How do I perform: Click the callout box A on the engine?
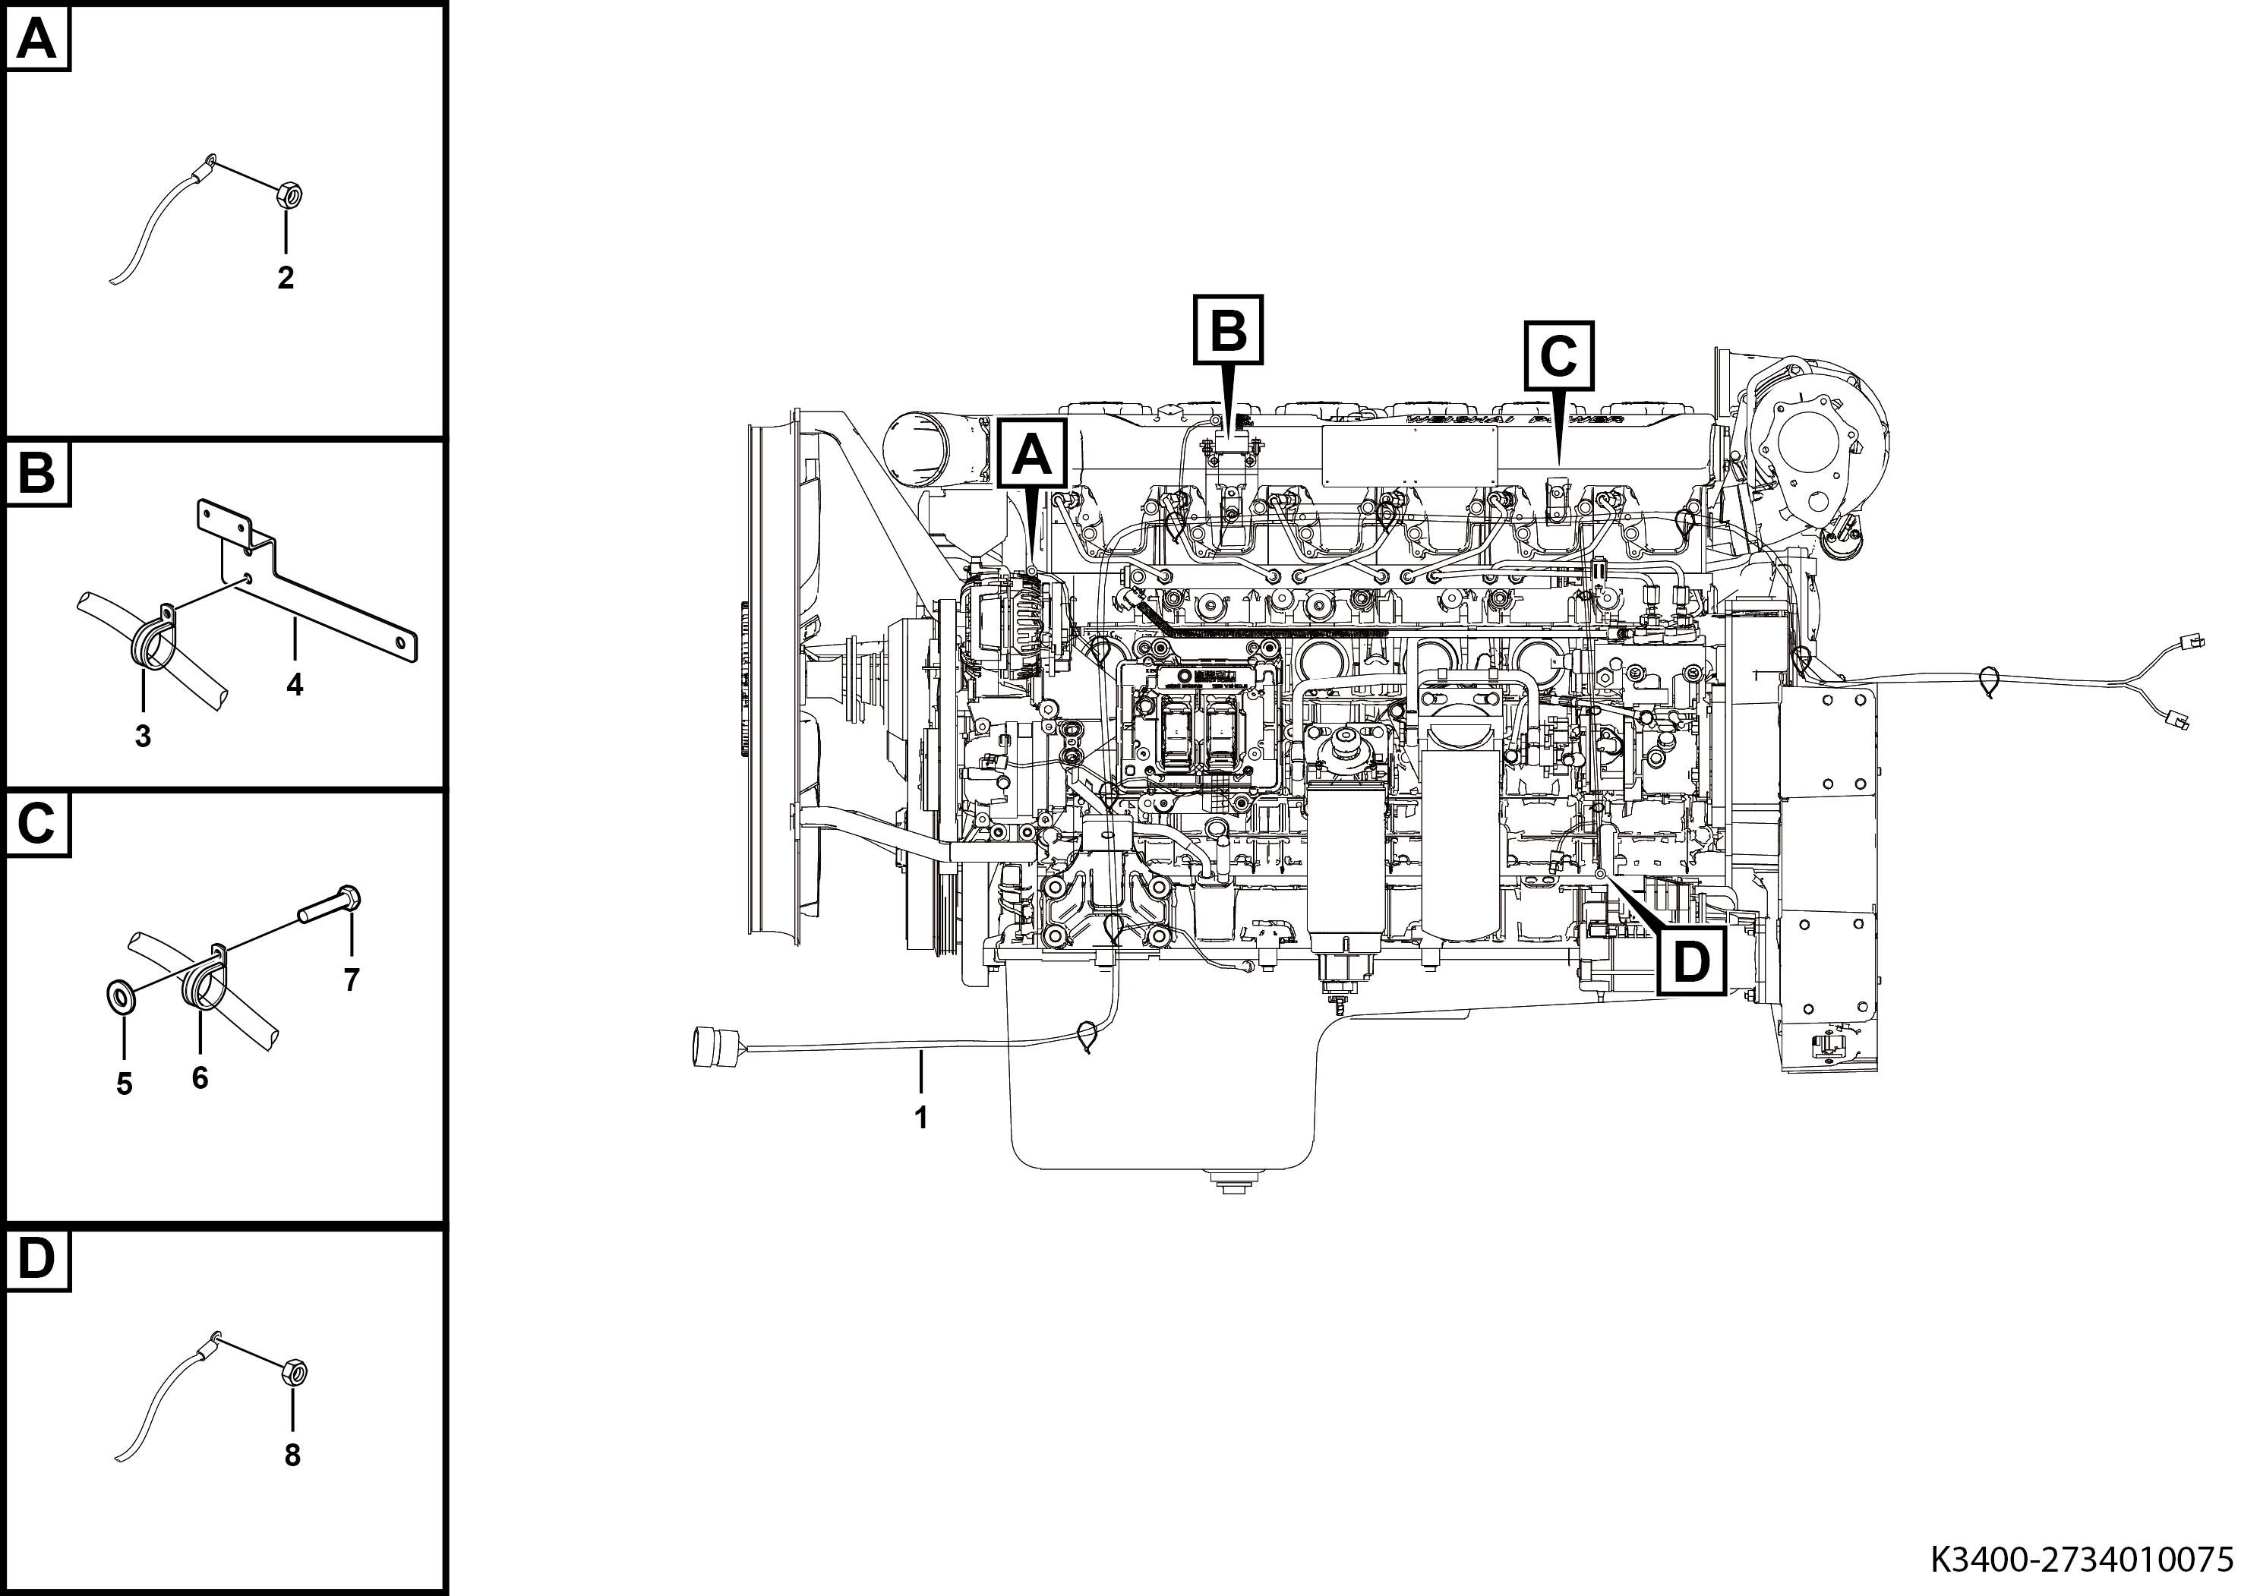pos(1031,455)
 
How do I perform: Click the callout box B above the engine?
pos(1227,330)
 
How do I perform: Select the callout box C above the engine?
pos(1558,355)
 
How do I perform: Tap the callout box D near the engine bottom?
pos(1691,962)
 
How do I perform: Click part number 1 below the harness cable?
pos(921,1118)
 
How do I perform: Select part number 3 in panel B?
pos(143,735)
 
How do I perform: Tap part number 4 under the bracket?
pos(295,685)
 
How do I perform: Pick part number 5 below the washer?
pos(124,1084)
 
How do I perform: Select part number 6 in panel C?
pos(200,1078)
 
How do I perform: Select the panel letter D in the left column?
pos(36,1260)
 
